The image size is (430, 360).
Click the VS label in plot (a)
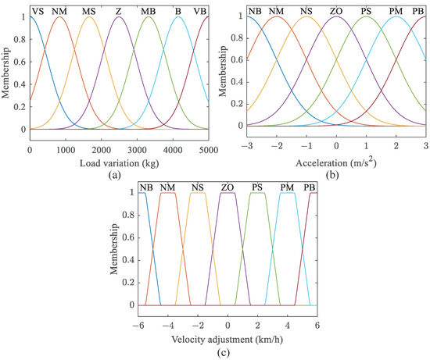point(37,9)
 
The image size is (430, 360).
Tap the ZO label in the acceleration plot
point(336,9)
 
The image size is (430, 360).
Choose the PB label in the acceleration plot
point(418,9)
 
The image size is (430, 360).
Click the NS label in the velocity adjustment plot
point(199,187)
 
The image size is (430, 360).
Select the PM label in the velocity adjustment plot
point(288,187)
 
